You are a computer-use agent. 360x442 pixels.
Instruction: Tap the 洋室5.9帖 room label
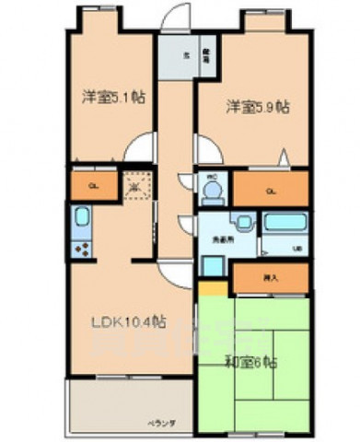(x=259, y=107)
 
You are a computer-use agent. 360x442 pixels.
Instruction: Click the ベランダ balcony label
(x=164, y=423)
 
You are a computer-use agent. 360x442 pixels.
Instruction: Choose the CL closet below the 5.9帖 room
(x=269, y=191)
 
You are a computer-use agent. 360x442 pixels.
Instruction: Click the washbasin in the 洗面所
(x=244, y=222)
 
